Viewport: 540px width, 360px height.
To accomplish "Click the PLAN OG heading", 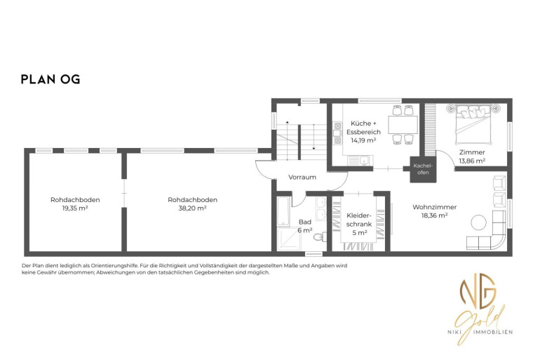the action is [50, 79].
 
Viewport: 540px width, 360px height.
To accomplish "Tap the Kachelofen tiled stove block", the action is [423, 170].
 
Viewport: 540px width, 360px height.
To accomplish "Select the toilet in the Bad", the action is [320, 237].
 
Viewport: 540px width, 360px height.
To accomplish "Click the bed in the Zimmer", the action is [473, 124].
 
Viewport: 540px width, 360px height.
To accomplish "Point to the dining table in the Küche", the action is [403, 125].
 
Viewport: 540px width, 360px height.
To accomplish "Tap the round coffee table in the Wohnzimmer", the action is [479, 222].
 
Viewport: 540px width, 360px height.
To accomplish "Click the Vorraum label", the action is [302, 177].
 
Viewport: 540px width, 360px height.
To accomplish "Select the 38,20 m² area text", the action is [192, 208].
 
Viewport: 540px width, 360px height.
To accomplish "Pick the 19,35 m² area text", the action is [75, 208].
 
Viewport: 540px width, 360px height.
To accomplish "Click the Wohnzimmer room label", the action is [434, 207].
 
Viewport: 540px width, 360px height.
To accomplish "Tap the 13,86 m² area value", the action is [472, 161].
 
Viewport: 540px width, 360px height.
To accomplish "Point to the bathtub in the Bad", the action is [284, 211].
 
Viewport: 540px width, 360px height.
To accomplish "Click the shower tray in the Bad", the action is [289, 239].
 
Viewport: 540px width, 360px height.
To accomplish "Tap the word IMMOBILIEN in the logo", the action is [493, 332].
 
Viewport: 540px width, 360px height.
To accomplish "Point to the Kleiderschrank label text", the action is [359, 220].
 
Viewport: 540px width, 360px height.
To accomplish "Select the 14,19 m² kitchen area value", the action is [363, 140].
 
